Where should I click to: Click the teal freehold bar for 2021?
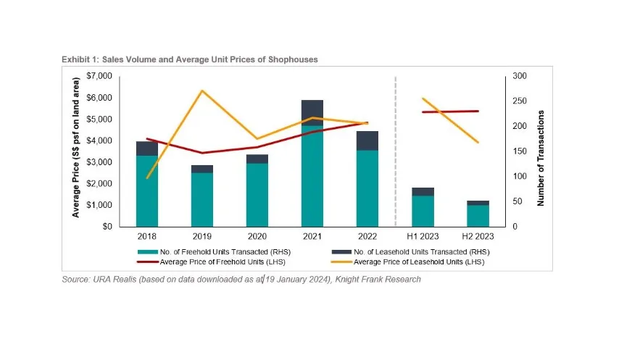pos(312,176)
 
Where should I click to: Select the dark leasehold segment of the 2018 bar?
pos(147,148)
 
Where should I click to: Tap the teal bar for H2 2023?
pos(478,216)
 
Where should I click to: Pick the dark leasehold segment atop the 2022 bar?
pos(367,141)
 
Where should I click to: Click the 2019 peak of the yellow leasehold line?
pos(201,91)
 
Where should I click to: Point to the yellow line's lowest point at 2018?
pos(147,178)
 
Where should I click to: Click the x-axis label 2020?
pos(257,237)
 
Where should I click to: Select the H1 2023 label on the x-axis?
pos(423,237)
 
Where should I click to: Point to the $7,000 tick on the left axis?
pos(99,76)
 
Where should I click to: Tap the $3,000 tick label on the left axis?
pos(99,162)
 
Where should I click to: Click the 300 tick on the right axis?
pos(521,76)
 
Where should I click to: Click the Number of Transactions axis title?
pos(541,159)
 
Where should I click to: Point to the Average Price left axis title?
pos(75,151)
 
